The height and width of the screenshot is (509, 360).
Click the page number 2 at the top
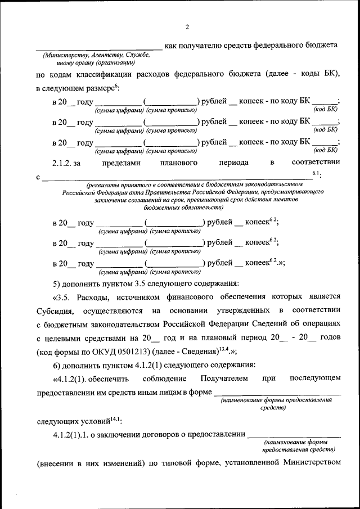tap(187, 26)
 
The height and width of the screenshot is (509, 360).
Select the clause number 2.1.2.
tap(63, 163)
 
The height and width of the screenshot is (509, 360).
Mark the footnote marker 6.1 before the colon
tap(316, 174)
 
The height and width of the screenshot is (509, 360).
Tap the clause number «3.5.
tap(63, 296)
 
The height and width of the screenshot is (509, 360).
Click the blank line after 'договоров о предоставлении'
tap(294, 436)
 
